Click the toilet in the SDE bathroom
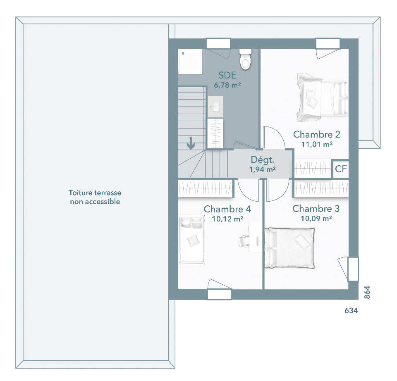click(x=245, y=59)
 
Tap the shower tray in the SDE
click(x=190, y=61)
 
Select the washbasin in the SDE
click(x=215, y=107)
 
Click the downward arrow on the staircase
click(x=191, y=143)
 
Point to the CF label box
click(x=340, y=169)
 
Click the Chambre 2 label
click(x=316, y=134)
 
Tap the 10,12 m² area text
click(x=227, y=219)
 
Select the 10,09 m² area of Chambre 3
click(x=316, y=218)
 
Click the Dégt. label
click(x=262, y=160)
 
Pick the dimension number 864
click(x=367, y=292)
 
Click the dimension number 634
click(x=351, y=310)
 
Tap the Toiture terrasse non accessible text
click(x=95, y=197)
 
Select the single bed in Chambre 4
click(x=191, y=240)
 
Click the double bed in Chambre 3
click(x=289, y=248)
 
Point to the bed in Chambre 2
click(x=323, y=98)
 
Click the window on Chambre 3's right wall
click(x=353, y=269)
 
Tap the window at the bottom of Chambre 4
click(x=220, y=295)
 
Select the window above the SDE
click(x=218, y=43)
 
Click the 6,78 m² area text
click(x=227, y=85)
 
